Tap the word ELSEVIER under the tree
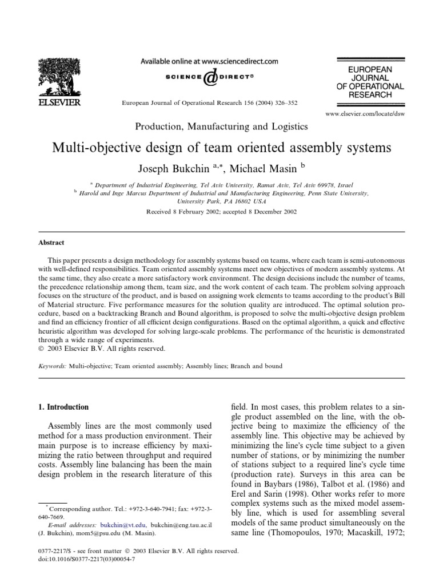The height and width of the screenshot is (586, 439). pyautogui.click(x=55, y=103)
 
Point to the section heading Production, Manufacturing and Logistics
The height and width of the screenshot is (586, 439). pyautogui.click(x=221, y=126)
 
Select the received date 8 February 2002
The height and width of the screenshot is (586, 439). pyautogui.click(x=191, y=211)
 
